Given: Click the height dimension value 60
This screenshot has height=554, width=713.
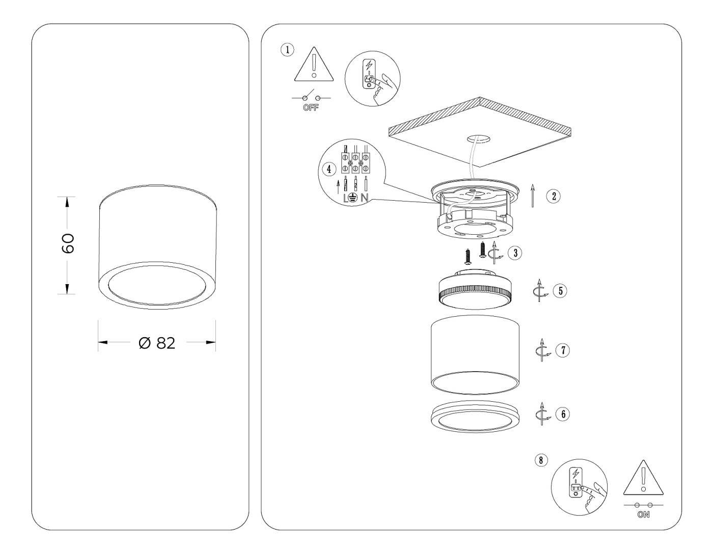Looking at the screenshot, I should point(68,244).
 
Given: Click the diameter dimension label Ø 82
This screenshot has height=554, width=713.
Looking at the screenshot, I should point(157,343).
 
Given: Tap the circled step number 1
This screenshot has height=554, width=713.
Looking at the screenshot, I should point(287,49).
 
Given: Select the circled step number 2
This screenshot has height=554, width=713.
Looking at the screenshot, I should point(554,196).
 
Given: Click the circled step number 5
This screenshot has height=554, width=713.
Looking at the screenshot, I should point(560,291).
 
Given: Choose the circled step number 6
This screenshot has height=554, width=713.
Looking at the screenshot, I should point(562,413).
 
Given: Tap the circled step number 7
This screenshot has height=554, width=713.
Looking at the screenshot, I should point(562,350).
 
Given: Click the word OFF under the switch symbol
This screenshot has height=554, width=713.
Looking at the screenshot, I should point(311,108).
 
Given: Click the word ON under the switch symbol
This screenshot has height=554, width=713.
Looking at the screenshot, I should point(643,515).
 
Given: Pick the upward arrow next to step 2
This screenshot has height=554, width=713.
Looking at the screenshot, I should point(533,196).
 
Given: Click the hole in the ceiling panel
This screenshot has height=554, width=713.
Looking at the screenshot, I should point(479,138).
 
